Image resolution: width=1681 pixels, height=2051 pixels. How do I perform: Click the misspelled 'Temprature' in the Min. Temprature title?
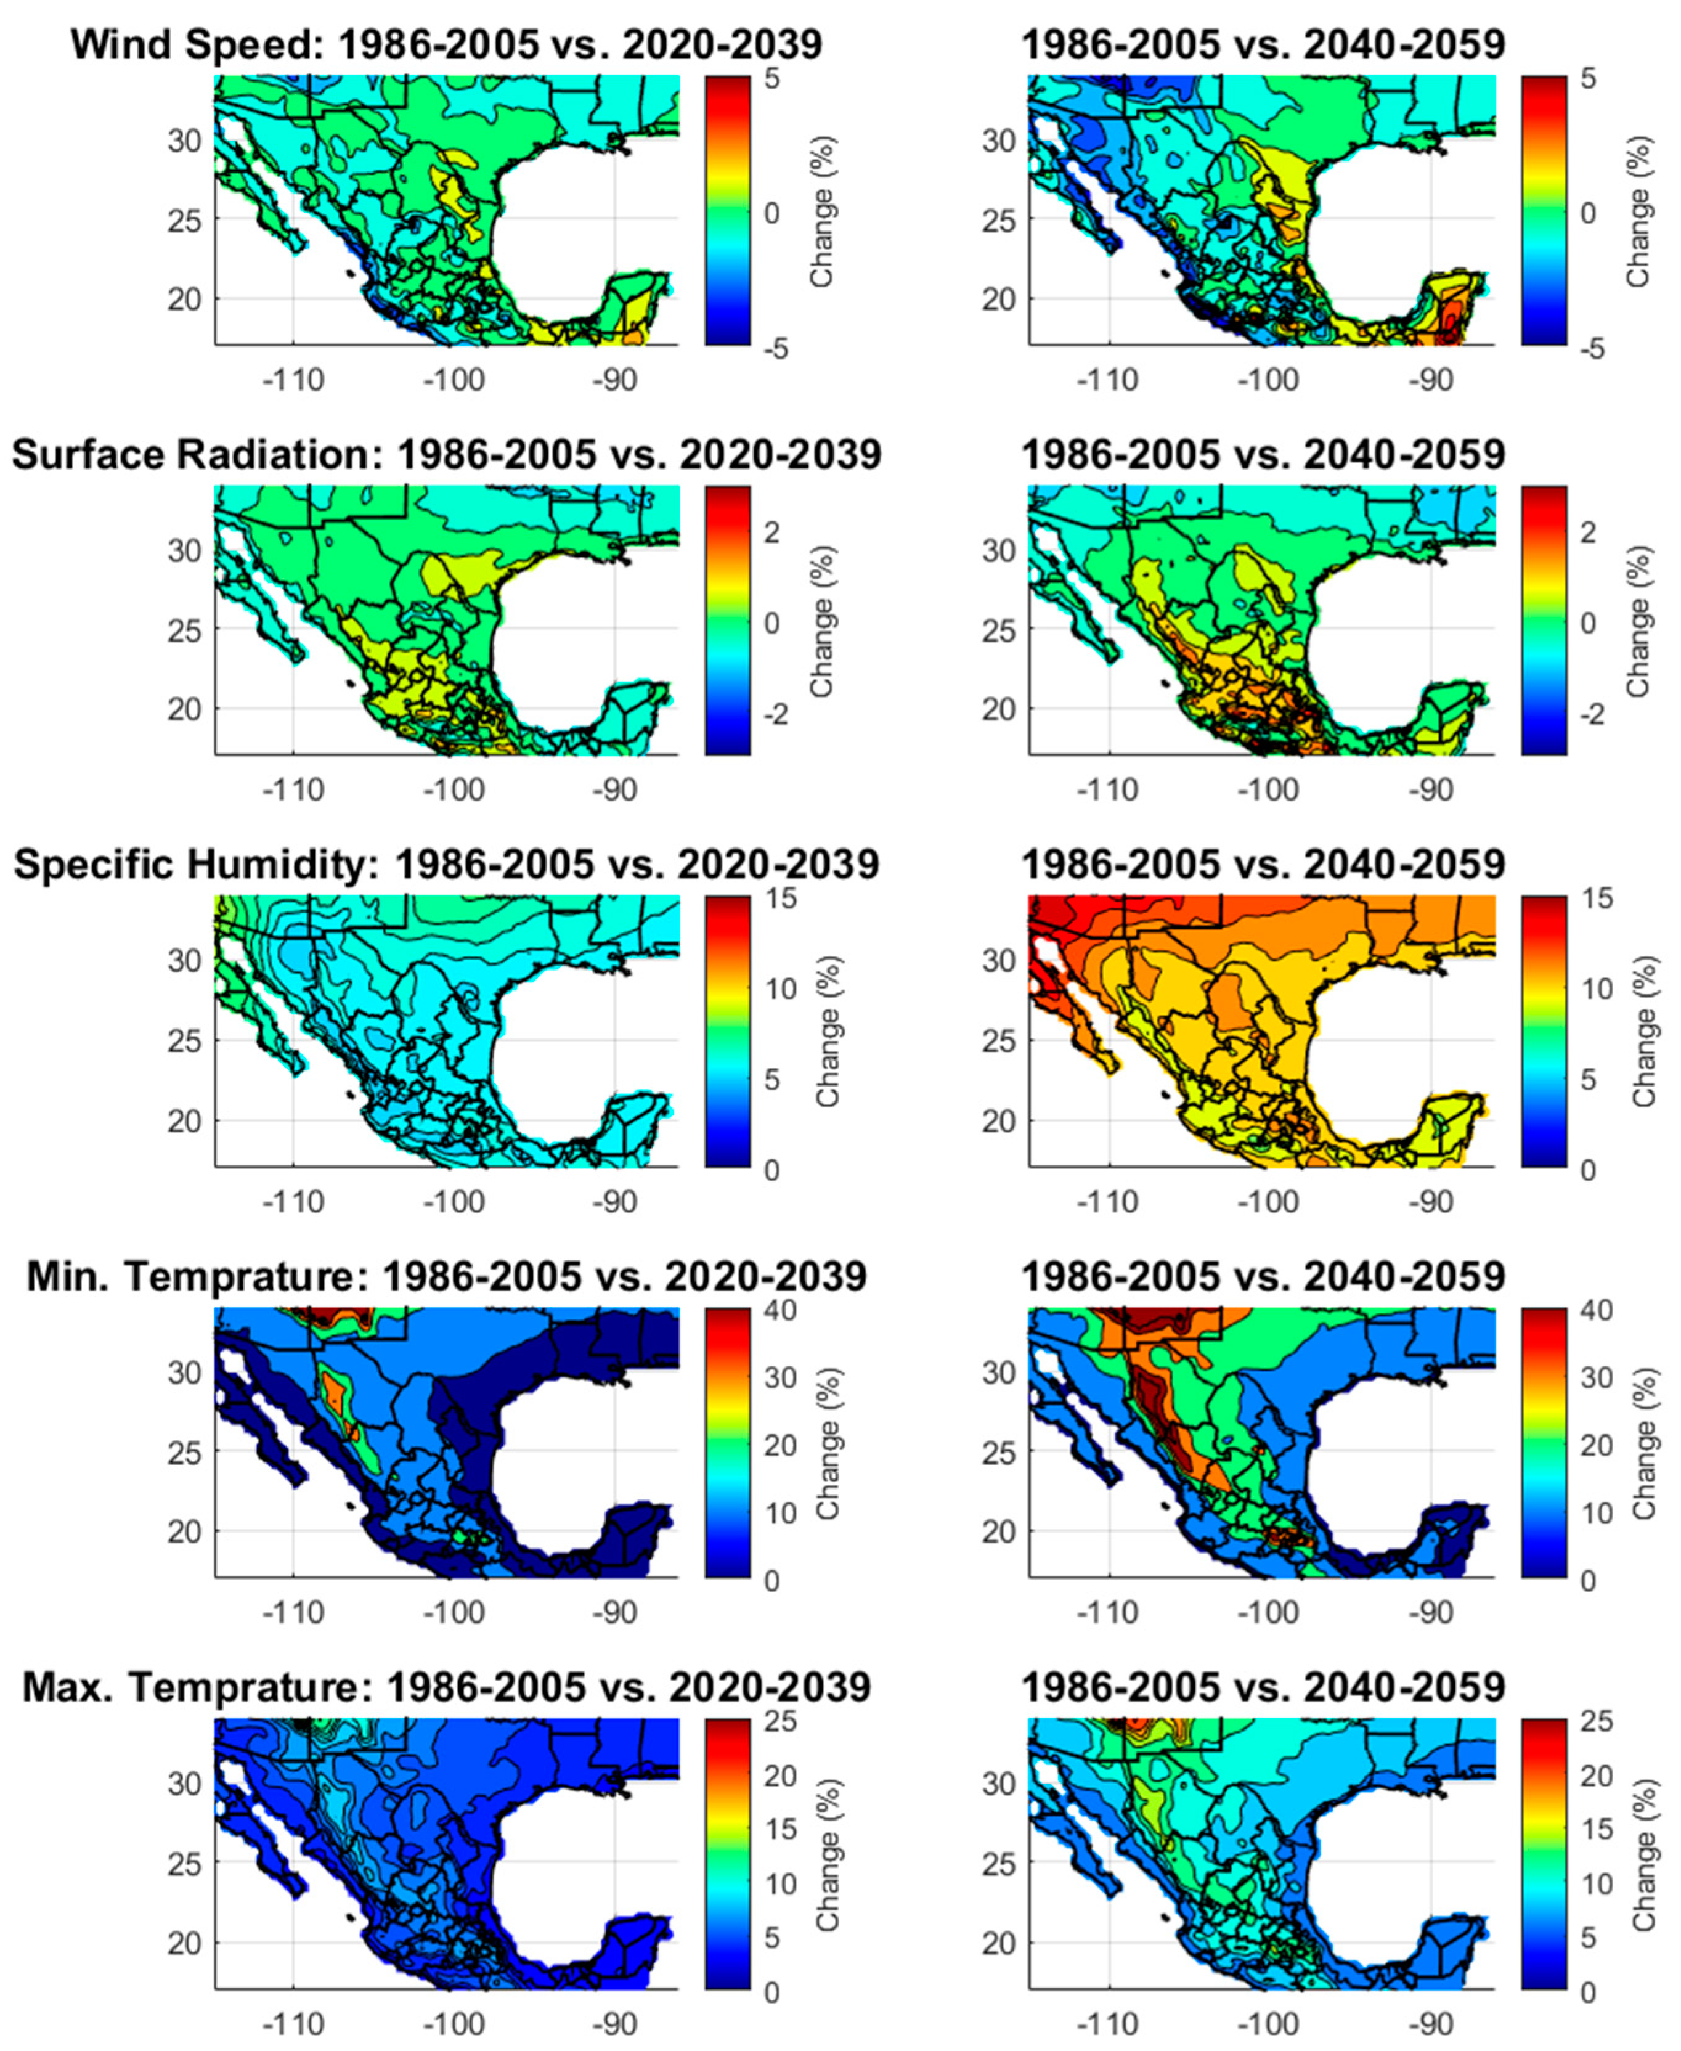point(247,1276)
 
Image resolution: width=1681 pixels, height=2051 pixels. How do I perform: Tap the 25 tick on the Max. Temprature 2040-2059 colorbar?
point(1596,1722)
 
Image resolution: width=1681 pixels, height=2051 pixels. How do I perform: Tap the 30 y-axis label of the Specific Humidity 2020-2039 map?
point(185,961)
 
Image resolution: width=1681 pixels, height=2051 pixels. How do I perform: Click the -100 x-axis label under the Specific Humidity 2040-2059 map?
point(1268,1203)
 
